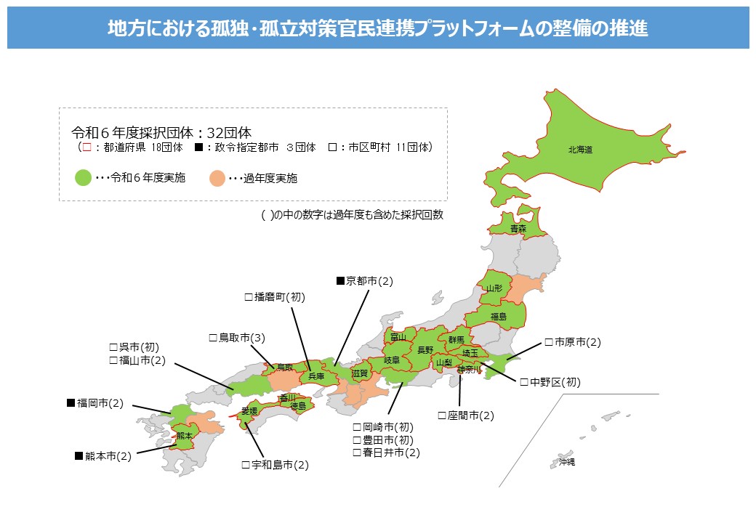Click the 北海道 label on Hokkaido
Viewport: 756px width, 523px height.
(x=580, y=150)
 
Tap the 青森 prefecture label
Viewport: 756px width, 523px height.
(x=518, y=229)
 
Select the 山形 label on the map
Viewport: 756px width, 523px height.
(x=494, y=288)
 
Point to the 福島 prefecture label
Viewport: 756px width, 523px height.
(x=498, y=316)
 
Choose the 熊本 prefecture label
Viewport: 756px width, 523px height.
(x=185, y=436)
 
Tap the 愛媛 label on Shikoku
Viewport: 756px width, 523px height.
(x=250, y=411)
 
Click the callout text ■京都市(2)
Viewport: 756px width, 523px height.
(x=363, y=280)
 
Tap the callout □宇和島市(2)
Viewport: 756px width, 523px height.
(x=275, y=464)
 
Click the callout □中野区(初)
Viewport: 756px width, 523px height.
(x=550, y=381)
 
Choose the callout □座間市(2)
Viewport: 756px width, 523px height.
(x=465, y=415)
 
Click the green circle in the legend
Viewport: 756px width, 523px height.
(x=83, y=177)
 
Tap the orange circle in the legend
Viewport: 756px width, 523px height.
(x=217, y=177)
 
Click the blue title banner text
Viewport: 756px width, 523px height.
(x=378, y=28)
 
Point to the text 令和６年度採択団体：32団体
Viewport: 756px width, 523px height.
(x=161, y=133)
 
